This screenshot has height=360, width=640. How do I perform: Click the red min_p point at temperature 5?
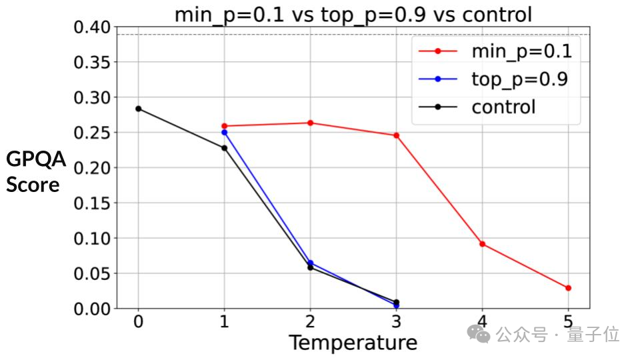[x=568, y=288]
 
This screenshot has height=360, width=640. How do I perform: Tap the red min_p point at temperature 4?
[x=482, y=244]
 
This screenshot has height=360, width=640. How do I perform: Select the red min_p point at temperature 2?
[x=310, y=123]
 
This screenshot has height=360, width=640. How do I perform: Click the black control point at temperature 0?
[x=138, y=109]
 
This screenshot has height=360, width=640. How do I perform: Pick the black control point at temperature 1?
[x=224, y=148]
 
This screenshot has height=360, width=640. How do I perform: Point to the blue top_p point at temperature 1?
[x=224, y=132]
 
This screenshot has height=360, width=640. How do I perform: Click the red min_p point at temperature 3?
[x=396, y=135]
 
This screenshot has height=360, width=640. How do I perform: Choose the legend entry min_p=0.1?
[x=521, y=50]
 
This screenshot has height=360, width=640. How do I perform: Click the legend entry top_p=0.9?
[x=519, y=79]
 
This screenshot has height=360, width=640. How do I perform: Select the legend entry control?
[x=503, y=107]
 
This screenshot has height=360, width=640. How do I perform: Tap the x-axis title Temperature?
[x=353, y=343]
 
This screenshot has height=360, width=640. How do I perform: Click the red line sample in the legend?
[x=437, y=51]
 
